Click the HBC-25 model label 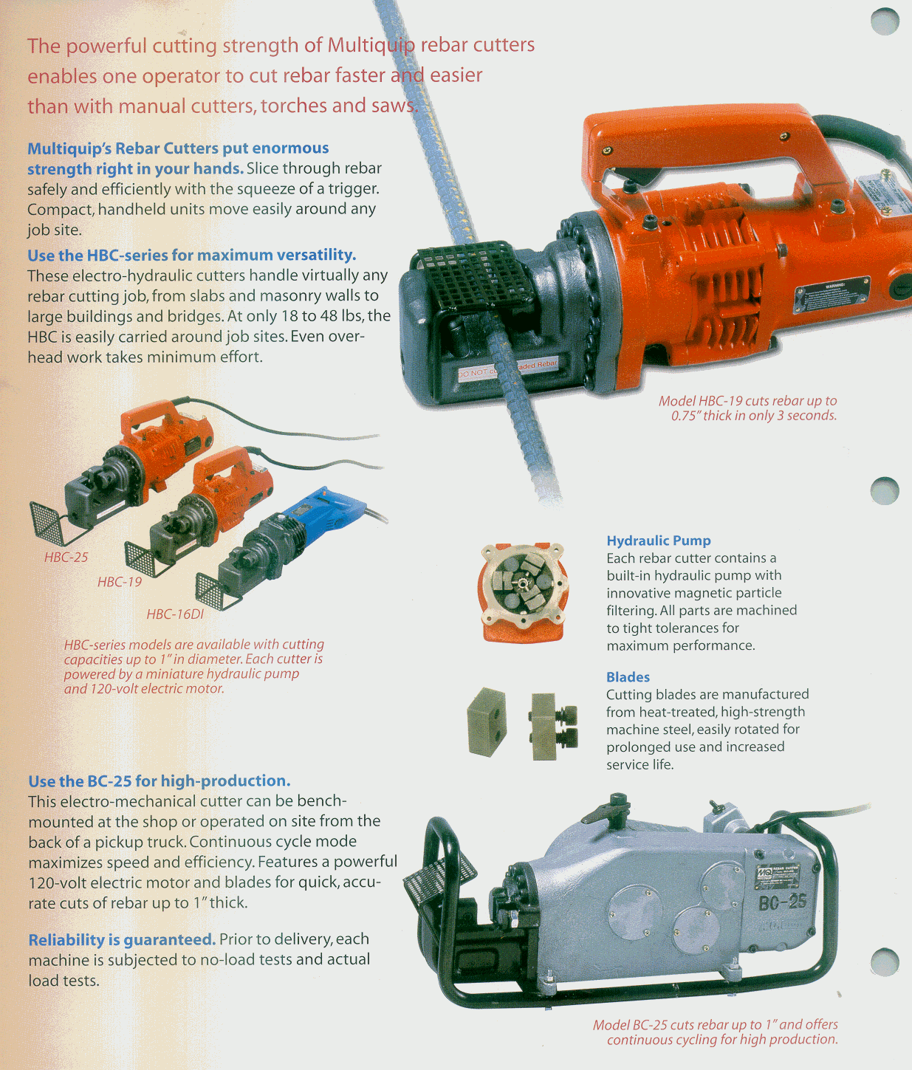[x=66, y=557]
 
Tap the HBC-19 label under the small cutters [x=120, y=582]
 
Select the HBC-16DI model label [x=175, y=614]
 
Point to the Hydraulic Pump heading [x=659, y=541]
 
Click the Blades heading [x=628, y=676]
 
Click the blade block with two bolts [x=552, y=727]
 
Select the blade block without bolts [x=486, y=721]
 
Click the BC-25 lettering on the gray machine [x=781, y=903]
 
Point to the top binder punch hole [x=885, y=21]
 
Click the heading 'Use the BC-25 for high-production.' [x=160, y=781]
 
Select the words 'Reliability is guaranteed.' [x=122, y=939]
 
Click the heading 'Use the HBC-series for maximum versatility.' [x=191, y=255]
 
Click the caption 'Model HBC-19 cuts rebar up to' [x=747, y=401]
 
